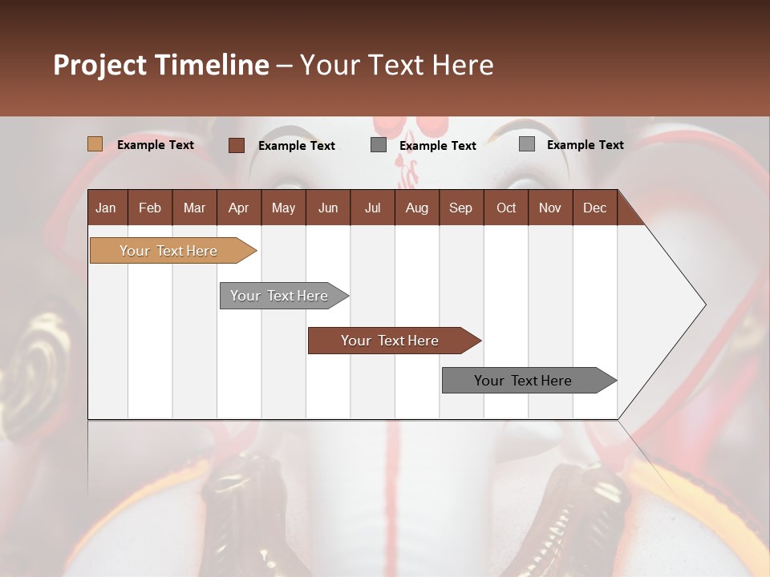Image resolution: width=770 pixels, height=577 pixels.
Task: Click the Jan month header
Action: (x=106, y=208)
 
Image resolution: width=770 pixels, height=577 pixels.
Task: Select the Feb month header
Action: (x=150, y=208)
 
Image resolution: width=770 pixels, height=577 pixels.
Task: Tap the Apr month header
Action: (x=238, y=208)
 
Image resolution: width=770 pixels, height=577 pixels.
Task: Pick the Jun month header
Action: (x=328, y=208)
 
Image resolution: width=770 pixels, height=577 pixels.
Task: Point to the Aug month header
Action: (x=416, y=208)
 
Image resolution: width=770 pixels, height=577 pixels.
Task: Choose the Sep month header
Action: (x=460, y=208)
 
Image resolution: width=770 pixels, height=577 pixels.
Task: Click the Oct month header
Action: (x=506, y=208)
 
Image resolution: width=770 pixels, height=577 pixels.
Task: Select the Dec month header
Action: (x=594, y=208)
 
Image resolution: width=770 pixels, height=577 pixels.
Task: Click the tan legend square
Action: (x=95, y=144)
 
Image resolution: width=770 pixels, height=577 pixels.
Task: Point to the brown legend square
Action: (x=236, y=145)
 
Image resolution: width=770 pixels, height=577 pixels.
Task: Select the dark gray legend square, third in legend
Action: (x=379, y=145)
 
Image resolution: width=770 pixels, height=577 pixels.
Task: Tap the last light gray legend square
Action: (x=526, y=144)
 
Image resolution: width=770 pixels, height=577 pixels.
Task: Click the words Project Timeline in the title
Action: (x=160, y=65)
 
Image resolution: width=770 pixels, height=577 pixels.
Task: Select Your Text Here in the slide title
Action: (x=396, y=65)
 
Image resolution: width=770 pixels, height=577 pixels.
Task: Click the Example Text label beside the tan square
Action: (x=156, y=145)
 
